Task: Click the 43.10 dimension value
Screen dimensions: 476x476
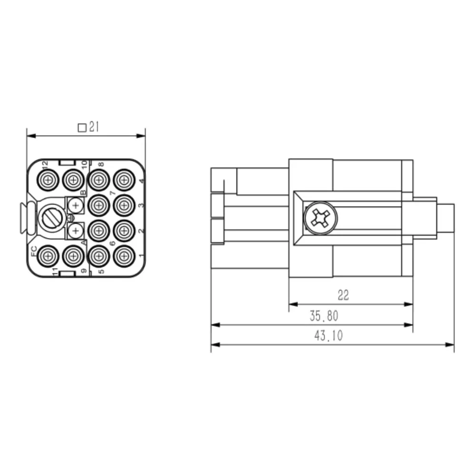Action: point(328,336)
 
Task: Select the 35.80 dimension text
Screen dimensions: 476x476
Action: point(324,316)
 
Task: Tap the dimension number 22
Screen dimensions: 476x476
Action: point(343,295)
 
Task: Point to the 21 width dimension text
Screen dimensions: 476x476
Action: point(94,127)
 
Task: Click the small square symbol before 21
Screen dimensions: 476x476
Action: point(82,128)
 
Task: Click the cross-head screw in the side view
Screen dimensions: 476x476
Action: point(320,218)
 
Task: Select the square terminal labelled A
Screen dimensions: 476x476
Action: point(76,231)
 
